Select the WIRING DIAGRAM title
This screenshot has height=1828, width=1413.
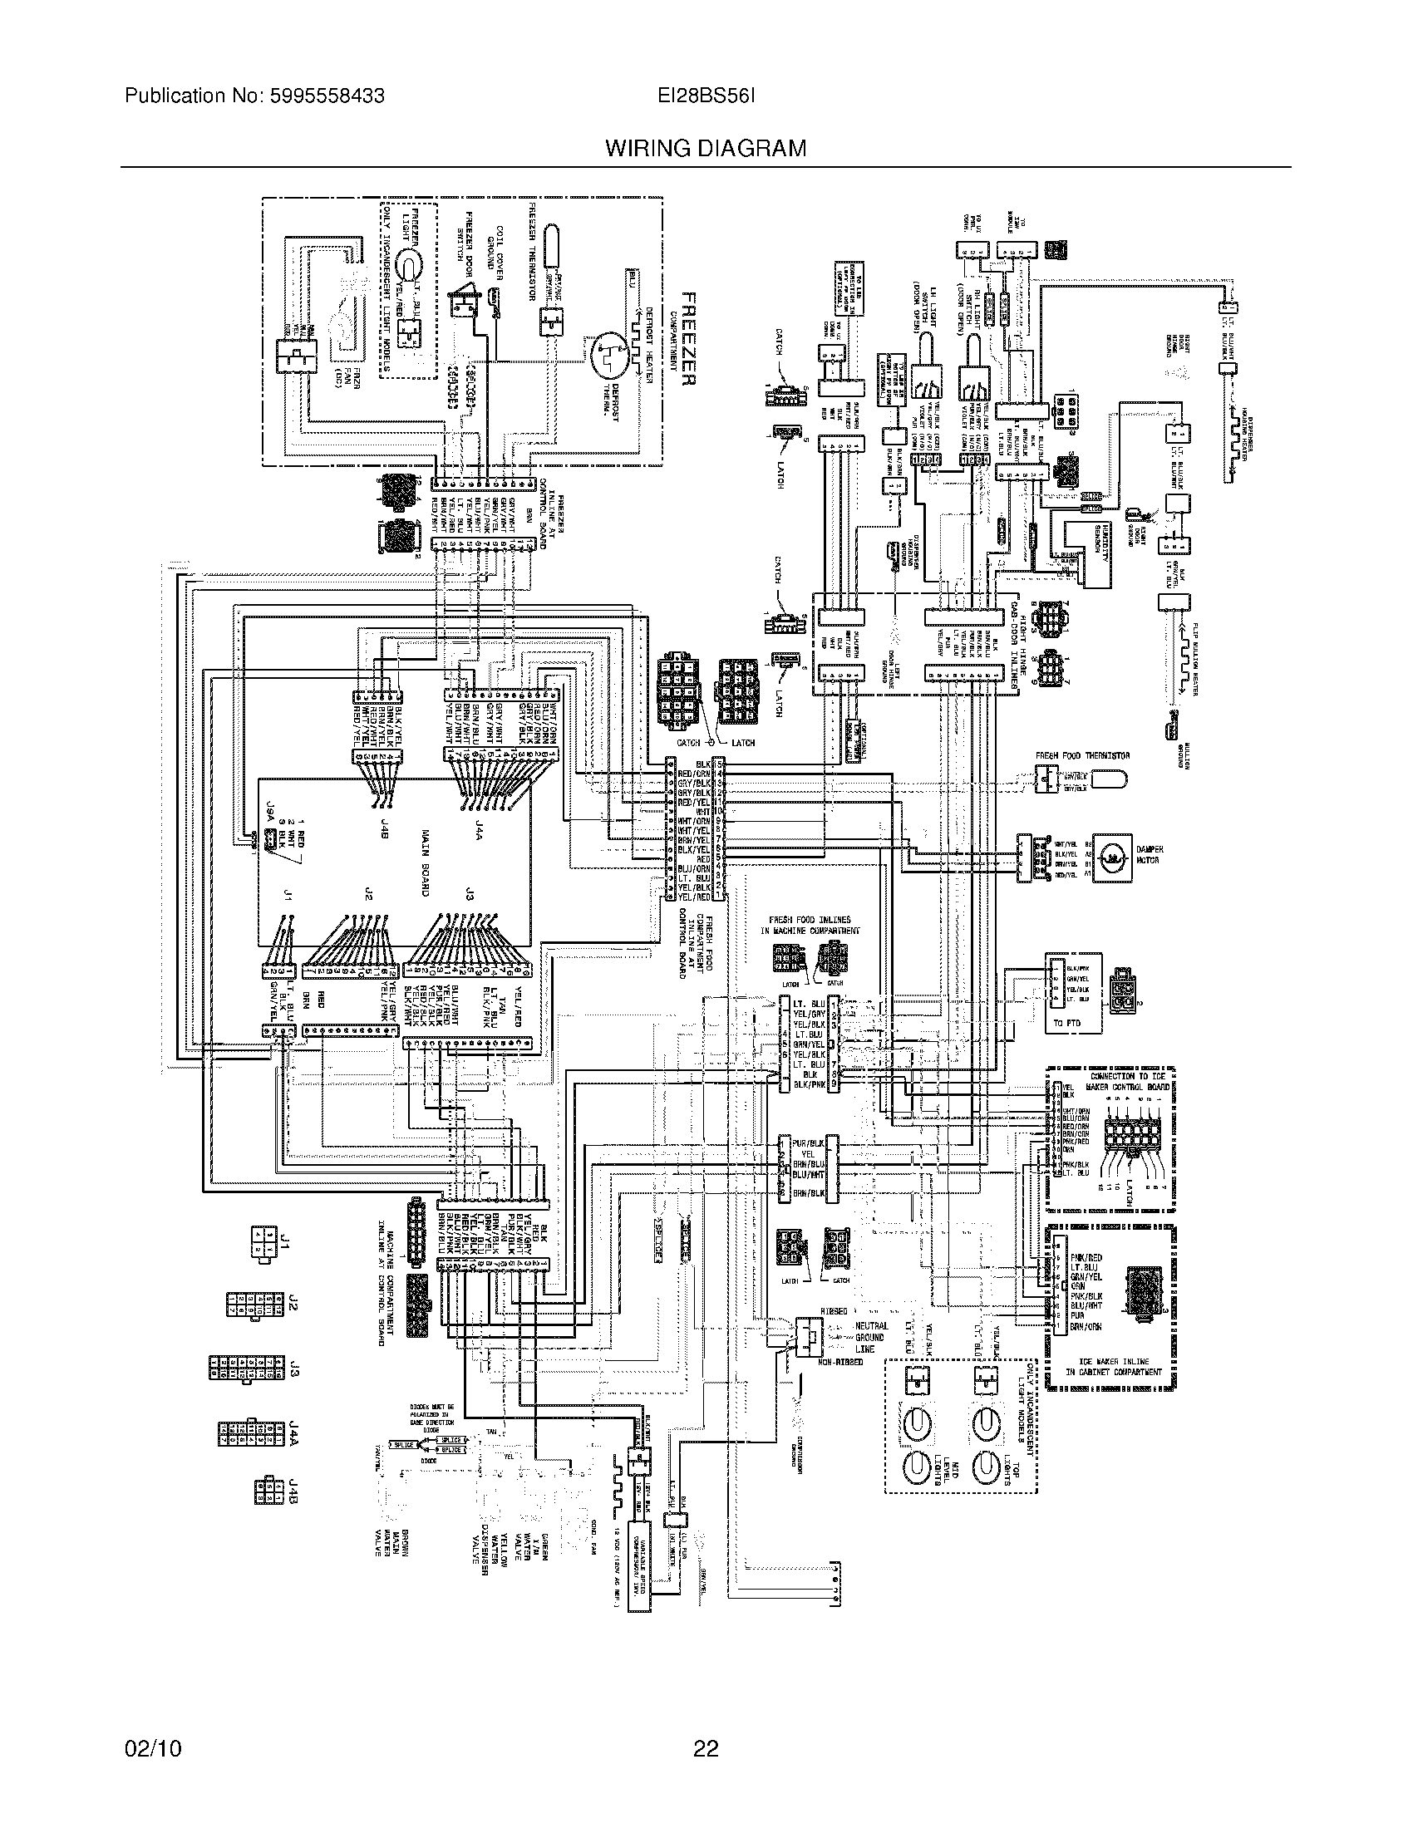[706, 149]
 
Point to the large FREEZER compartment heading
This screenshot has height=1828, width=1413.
[688, 338]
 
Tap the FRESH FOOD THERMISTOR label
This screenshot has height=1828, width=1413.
[1082, 756]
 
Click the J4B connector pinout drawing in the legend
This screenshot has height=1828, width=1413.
[267, 1491]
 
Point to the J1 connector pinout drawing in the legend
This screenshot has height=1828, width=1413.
[261, 1244]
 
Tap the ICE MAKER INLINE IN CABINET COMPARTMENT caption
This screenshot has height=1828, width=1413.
[1113, 1367]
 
